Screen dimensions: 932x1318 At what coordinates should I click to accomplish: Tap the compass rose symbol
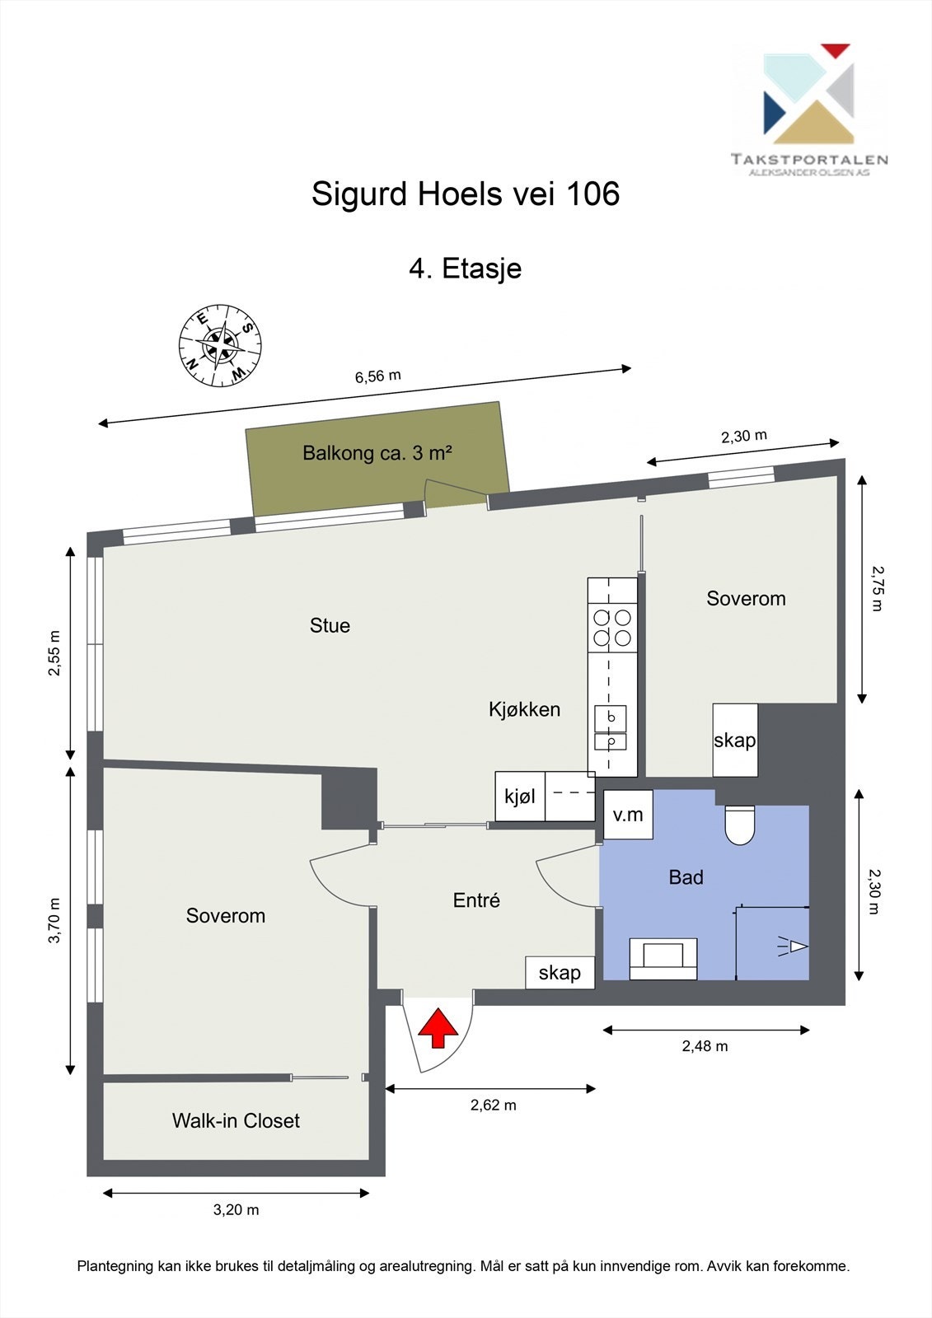[220, 346]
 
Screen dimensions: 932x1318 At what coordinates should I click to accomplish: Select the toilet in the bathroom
[739, 825]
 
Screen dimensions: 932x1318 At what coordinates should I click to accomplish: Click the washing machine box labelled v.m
[628, 815]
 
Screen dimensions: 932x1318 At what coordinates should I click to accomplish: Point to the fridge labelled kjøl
[520, 796]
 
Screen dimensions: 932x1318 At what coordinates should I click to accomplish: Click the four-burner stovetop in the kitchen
[612, 628]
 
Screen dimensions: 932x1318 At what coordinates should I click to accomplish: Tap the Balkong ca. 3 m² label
[377, 453]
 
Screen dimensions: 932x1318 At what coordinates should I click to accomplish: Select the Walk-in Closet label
[236, 1120]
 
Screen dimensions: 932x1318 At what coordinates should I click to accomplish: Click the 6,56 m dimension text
[378, 376]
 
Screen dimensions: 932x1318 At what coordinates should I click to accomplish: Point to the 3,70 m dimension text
[54, 920]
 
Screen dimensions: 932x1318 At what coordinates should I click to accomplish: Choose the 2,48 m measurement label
[705, 1045]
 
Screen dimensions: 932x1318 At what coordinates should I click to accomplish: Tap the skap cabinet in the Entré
[560, 972]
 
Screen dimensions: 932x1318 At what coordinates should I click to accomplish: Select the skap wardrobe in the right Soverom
[735, 740]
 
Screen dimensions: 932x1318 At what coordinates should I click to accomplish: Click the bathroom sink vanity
[663, 959]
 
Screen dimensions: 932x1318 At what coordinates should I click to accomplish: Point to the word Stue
[330, 625]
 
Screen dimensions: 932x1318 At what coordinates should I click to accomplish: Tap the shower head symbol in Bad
[793, 946]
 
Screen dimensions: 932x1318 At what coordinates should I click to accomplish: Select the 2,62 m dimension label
[493, 1105]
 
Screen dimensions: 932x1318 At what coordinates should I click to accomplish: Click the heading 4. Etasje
[465, 269]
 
